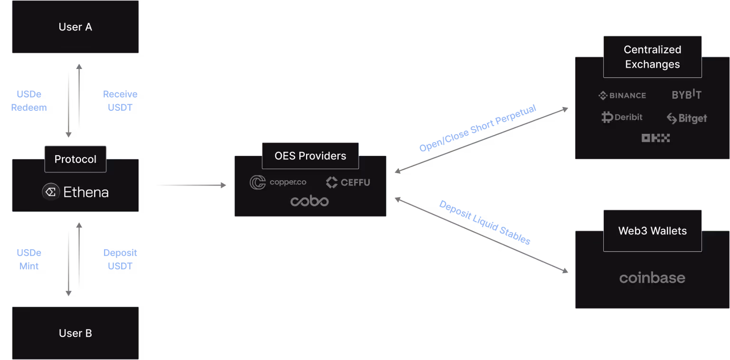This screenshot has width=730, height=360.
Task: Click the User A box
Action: click(75, 27)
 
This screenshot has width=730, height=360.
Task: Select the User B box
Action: click(75, 333)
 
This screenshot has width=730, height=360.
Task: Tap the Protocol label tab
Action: click(75, 159)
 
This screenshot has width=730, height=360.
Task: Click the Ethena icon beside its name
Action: click(51, 192)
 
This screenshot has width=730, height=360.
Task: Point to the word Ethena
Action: click(86, 192)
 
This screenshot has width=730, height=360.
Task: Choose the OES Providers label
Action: click(310, 156)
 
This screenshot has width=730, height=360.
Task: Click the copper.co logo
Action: click(278, 182)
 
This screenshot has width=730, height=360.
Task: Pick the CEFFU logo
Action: click(348, 182)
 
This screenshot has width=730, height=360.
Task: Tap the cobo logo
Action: click(309, 201)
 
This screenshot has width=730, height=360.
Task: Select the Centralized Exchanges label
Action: click(652, 57)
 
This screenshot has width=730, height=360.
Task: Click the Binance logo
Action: click(622, 96)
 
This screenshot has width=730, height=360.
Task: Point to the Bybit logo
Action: click(686, 94)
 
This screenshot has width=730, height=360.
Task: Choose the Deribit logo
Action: click(622, 117)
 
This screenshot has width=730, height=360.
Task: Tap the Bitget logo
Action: click(687, 118)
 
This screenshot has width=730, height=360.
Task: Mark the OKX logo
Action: click(655, 138)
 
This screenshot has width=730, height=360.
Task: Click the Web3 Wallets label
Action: click(652, 231)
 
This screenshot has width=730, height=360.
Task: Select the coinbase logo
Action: click(652, 278)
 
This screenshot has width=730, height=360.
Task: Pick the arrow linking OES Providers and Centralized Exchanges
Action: click(481, 141)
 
